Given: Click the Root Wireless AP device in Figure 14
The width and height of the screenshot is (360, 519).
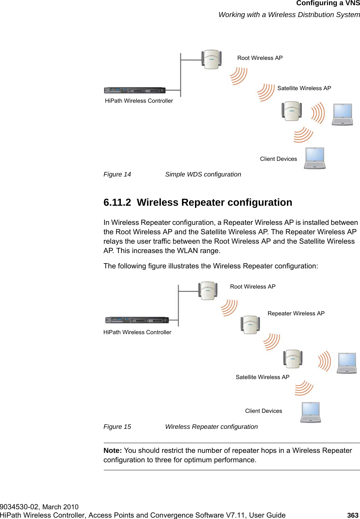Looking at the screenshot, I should click(x=211, y=59).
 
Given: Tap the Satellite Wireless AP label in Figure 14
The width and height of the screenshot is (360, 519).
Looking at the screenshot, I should click(x=304, y=88).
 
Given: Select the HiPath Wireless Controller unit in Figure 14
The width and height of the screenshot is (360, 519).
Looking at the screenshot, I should click(x=135, y=91).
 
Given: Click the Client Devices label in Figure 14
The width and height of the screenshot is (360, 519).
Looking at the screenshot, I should click(x=278, y=159).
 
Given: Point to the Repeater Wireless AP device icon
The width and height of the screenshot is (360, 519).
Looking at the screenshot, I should click(x=250, y=324).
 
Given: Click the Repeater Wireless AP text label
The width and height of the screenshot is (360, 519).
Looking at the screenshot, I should click(x=296, y=313).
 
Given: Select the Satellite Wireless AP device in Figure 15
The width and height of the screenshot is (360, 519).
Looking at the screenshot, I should click(x=292, y=359).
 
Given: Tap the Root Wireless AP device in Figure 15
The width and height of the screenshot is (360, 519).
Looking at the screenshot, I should click(x=208, y=291).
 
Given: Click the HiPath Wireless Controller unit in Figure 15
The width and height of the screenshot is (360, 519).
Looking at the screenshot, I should click(x=137, y=320).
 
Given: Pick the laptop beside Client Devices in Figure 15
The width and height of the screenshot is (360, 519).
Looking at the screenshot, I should click(x=311, y=412).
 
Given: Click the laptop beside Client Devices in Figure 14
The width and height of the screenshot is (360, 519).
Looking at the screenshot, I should click(x=315, y=158).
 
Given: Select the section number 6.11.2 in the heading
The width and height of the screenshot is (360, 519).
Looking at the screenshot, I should click(x=117, y=202).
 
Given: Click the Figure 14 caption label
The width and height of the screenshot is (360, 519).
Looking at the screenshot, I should click(x=117, y=174).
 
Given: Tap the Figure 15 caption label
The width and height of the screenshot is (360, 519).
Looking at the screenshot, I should click(x=117, y=427).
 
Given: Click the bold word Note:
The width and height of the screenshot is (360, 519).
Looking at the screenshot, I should click(x=112, y=450).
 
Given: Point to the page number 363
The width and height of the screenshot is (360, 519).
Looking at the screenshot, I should click(x=353, y=515).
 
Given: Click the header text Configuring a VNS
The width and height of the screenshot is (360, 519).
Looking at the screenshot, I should click(x=328, y=3).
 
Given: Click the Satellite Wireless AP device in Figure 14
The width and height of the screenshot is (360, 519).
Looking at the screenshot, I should click(x=292, y=111).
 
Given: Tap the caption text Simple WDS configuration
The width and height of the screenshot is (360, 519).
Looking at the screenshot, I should click(x=203, y=174).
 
